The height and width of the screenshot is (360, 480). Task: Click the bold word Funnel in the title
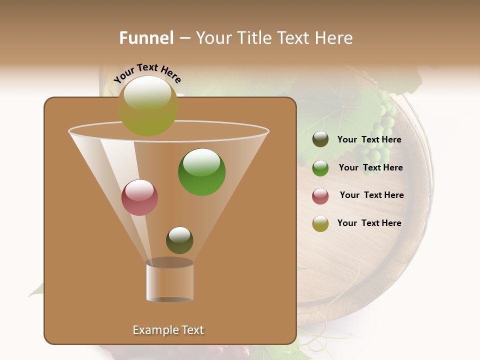[146, 38]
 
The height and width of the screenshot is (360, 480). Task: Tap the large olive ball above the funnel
[148, 105]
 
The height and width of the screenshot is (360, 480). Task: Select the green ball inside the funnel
[201, 172]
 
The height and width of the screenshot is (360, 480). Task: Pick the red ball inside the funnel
[140, 197]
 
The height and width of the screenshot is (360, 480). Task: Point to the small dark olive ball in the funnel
[179, 240]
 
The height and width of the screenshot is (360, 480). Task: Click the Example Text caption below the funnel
[168, 330]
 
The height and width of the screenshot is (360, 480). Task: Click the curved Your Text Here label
[147, 73]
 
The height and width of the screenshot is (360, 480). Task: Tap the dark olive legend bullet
[320, 139]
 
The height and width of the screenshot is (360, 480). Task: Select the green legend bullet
[320, 167]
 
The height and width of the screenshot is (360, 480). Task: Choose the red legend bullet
[320, 196]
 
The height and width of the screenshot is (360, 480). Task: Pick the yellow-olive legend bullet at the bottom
[320, 223]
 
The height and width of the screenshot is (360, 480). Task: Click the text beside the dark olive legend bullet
[369, 140]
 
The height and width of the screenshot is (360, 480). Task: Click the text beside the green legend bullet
[370, 167]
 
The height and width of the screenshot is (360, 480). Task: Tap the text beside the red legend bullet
[371, 195]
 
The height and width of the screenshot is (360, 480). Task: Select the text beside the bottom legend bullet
[369, 223]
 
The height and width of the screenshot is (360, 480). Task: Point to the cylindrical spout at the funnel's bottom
[169, 281]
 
